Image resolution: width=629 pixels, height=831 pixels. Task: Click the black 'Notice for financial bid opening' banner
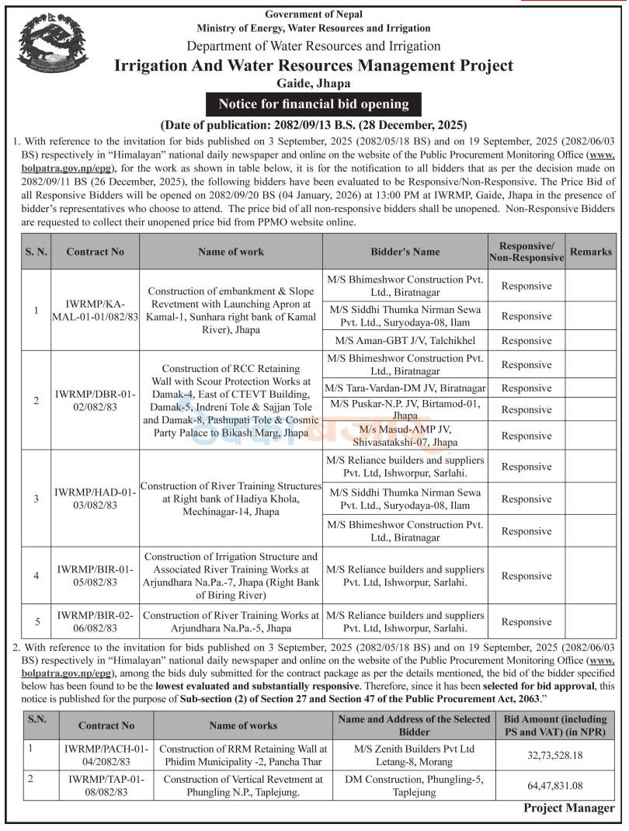[x=314, y=104]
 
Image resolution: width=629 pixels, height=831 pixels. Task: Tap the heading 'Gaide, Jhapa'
[x=314, y=83]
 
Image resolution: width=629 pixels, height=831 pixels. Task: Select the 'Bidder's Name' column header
[x=405, y=252]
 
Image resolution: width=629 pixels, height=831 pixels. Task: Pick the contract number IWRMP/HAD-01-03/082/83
[x=96, y=499]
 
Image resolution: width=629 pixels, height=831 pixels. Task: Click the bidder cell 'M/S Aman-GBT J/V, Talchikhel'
[x=405, y=340]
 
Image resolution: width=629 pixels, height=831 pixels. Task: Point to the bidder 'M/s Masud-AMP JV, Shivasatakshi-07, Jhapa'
[x=405, y=435]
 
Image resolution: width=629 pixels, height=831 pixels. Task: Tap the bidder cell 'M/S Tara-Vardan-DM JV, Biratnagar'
[x=405, y=388]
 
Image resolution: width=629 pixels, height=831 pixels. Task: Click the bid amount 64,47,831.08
[x=555, y=786]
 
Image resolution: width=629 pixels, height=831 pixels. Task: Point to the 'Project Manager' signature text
[x=568, y=808]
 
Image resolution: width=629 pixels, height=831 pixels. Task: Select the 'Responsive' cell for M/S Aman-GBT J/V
[x=526, y=340]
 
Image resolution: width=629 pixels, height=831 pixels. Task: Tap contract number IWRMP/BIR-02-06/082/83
[x=96, y=621]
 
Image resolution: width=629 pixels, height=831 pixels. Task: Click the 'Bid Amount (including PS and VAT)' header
[x=555, y=726]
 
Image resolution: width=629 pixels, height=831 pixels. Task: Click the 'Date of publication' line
[x=313, y=124]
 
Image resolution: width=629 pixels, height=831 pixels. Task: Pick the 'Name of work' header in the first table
[x=231, y=252]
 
